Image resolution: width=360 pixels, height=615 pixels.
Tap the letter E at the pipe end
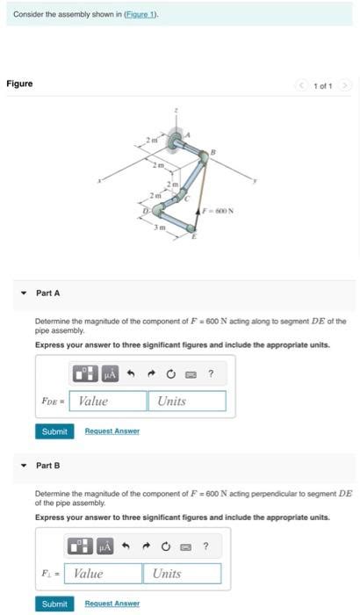(x=195, y=237)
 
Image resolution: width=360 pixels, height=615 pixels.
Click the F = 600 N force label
(x=217, y=211)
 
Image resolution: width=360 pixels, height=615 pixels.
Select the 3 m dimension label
(x=160, y=228)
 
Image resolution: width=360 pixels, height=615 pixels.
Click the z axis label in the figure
(x=175, y=110)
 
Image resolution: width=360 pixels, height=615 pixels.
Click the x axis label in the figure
(x=99, y=181)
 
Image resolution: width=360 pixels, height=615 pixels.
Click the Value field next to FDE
(x=111, y=401)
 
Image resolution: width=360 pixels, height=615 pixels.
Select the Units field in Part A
(x=188, y=401)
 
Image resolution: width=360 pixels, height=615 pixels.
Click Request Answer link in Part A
(x=112, y=430)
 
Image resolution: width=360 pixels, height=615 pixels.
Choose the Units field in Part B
(x=182, y=574)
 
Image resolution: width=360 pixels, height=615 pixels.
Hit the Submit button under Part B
(x=54, y=604)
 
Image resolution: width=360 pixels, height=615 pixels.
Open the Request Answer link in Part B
(x=112, y=604)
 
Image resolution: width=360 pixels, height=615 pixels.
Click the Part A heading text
(x=47, y=293)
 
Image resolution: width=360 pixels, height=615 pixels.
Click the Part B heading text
(x=47, y=465)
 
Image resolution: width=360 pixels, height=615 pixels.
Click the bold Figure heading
(x=19, y=83)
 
